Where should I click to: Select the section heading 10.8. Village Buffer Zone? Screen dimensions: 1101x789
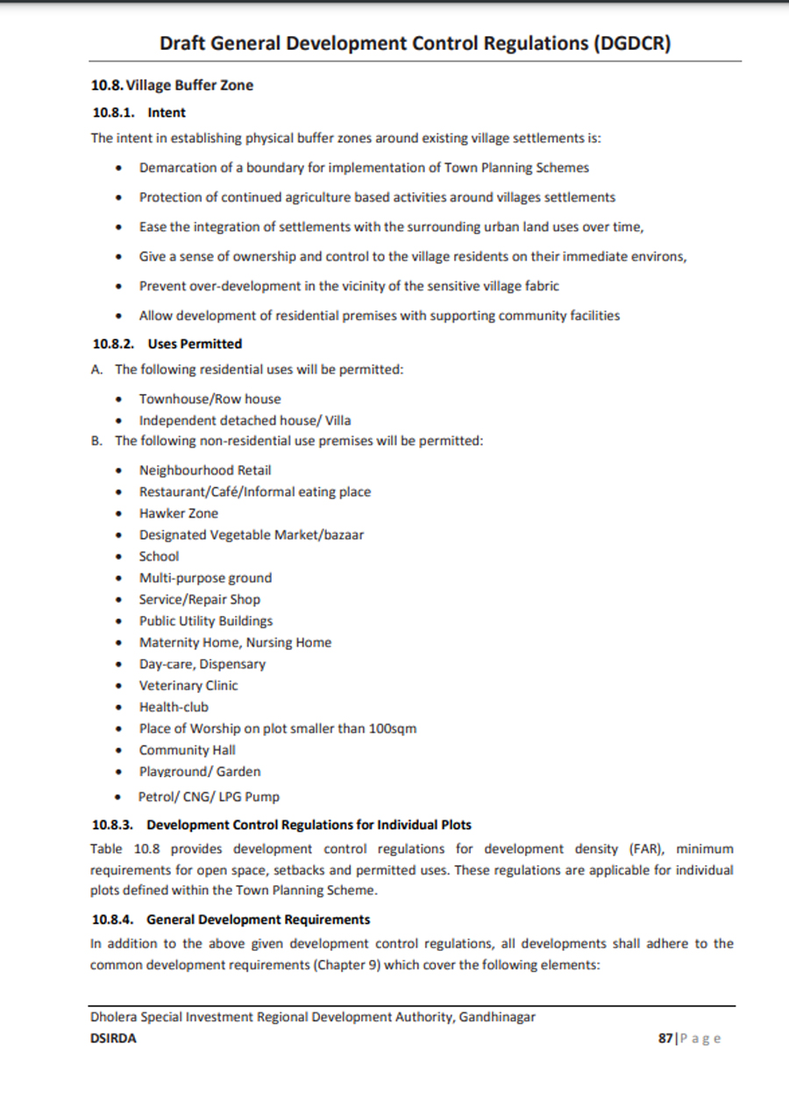pos(172,85)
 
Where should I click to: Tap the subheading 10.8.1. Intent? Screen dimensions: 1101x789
pos(139,112)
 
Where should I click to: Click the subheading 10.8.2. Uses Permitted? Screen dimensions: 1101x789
pos(167,344)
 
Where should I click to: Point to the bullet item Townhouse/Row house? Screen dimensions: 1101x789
pos(210,398)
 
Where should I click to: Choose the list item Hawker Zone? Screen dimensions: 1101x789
pos(178,513)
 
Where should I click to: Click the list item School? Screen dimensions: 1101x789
pos(159,556)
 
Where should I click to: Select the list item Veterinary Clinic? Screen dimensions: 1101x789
pos(188,685)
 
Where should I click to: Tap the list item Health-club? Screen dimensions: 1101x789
pos(174,707)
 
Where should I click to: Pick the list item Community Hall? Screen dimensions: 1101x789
pos(187,750)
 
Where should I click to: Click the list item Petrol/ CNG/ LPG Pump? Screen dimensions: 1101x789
pos(209,797)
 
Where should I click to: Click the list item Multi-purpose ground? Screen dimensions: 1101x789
pos(205,578)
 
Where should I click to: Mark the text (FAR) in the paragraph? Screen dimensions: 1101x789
pos(645,849)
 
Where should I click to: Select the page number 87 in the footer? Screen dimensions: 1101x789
pos(665,1038)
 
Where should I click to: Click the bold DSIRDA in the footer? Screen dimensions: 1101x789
pos(113,1038)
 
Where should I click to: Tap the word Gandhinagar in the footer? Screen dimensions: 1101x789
pos(496,1018)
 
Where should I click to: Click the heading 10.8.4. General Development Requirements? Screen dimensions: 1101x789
pos(231,919)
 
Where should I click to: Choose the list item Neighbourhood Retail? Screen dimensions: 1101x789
pos(204,470)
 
